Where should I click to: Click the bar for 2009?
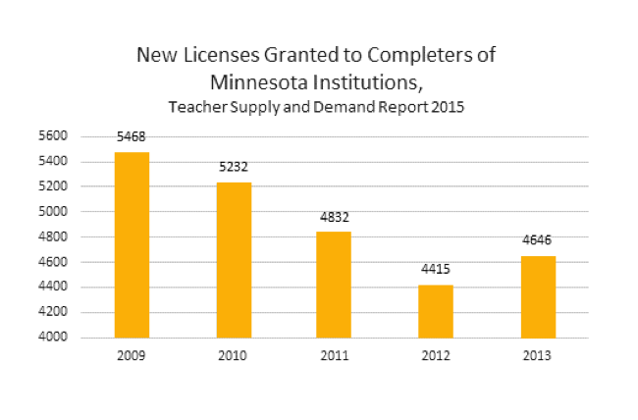(x=132, y=245)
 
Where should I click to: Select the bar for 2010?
(x=235, y=260)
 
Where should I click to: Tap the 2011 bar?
(x=334, y=285)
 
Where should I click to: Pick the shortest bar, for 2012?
(x=436, y=311)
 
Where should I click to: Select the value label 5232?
(x=235, y=168)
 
